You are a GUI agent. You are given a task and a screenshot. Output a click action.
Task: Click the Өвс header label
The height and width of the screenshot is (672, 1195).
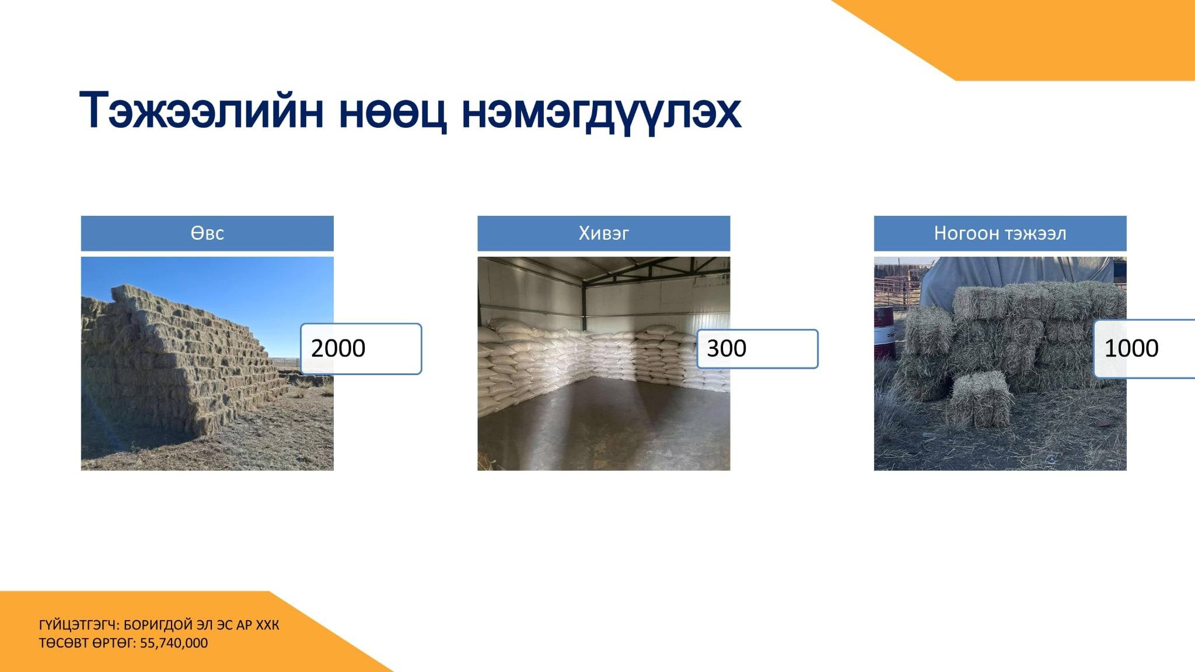207,233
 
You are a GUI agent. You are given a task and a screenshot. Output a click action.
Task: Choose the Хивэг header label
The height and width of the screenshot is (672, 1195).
603,233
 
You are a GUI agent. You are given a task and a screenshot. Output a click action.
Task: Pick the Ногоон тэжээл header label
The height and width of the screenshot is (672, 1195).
1000,233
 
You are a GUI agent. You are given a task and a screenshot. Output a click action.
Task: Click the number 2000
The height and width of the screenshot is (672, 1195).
338,348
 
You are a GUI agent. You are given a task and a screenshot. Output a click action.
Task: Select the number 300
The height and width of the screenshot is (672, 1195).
726,348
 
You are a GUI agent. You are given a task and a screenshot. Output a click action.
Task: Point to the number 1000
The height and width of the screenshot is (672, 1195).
1131,348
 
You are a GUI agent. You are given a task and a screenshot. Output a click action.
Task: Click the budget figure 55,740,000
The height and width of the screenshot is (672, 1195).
174,643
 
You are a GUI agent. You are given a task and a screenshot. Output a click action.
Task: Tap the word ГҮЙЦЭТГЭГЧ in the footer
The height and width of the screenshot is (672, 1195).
79,625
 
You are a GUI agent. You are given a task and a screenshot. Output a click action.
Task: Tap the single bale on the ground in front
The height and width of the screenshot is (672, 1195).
981,400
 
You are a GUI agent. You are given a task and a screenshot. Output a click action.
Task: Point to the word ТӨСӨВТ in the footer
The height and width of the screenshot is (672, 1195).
64,643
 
